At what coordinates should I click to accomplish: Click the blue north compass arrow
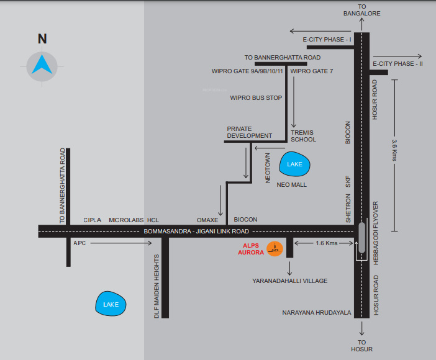click(x=42, y=64)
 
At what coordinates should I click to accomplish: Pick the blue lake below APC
click(x=111, y=304)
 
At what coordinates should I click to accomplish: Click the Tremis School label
click(x=304, y=136)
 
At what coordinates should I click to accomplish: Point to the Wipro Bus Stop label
click(x=256, y=97)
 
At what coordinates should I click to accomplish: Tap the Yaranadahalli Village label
click(x=289, y=281)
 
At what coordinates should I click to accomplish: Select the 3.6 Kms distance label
click(x=394, y=150)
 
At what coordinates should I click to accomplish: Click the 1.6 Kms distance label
click(x=326, y=243)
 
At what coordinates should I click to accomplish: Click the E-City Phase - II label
click(x=397, y=63)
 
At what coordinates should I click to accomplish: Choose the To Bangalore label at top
click(x=361, y=9)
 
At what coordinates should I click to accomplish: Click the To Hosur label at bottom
click(x=361, y=346)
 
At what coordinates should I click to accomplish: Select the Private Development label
click(x=249, y=132)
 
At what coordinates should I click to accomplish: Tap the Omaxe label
click(x=207, y=220)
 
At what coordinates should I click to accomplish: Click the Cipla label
click(x=93, y=220)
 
